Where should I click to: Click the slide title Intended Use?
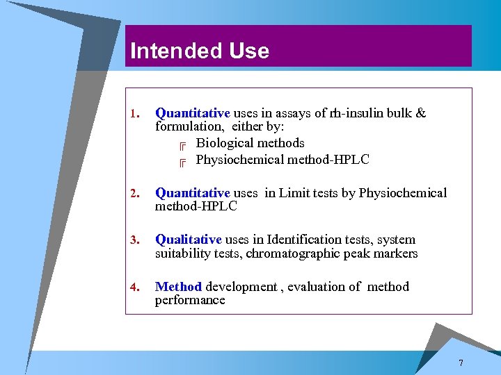[x=200, y=51]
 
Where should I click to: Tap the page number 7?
[x=461, y=364]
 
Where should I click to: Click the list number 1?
[x=135, y=113]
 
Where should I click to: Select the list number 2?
[x=135, y=194]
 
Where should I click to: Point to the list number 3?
[x=135, y=240]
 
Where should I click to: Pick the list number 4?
[x=135, y=287]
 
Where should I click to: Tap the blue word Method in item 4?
[x=178, y=286]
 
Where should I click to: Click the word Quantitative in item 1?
[x=192, y=112]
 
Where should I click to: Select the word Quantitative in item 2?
[x=192, y=193]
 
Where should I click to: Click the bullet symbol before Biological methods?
[x=182, y=145]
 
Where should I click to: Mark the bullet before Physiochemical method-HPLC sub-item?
[x=182, y=162]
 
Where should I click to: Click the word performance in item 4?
[x=190, y=301]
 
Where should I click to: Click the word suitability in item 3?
[x=182, y=253]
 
